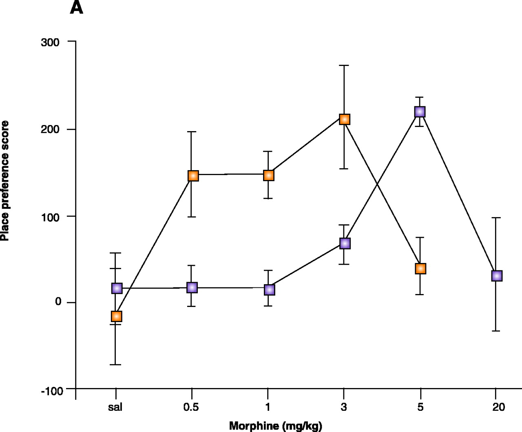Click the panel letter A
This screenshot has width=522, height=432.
[76, 8]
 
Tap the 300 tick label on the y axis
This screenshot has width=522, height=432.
[50, 42]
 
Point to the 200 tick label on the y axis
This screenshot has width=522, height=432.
[50, 129]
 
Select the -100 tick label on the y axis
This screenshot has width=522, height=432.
[52, 391]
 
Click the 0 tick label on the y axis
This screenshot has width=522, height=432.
[58, 302]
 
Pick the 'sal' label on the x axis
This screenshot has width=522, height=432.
[115, 407]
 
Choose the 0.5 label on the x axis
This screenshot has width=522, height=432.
[191, 407]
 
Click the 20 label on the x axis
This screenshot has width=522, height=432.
[498, 407]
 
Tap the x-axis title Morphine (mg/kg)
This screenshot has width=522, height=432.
[275, 426]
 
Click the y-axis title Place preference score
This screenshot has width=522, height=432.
[5, 181]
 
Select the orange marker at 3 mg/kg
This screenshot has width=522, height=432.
[345, 119]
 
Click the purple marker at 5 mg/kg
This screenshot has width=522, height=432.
[420, 112]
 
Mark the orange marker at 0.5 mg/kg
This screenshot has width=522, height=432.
[193, 175]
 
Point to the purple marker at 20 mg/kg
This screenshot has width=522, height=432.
[496, 276]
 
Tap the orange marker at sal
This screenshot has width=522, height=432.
[116, 316]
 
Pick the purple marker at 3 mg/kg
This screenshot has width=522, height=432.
[345, 243]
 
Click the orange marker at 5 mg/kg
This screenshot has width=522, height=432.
[420, 268]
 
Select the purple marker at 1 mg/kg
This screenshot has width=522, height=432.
[269, 290]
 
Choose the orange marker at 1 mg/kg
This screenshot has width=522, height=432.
[268, 175]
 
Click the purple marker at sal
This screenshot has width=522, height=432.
[117, 288]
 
